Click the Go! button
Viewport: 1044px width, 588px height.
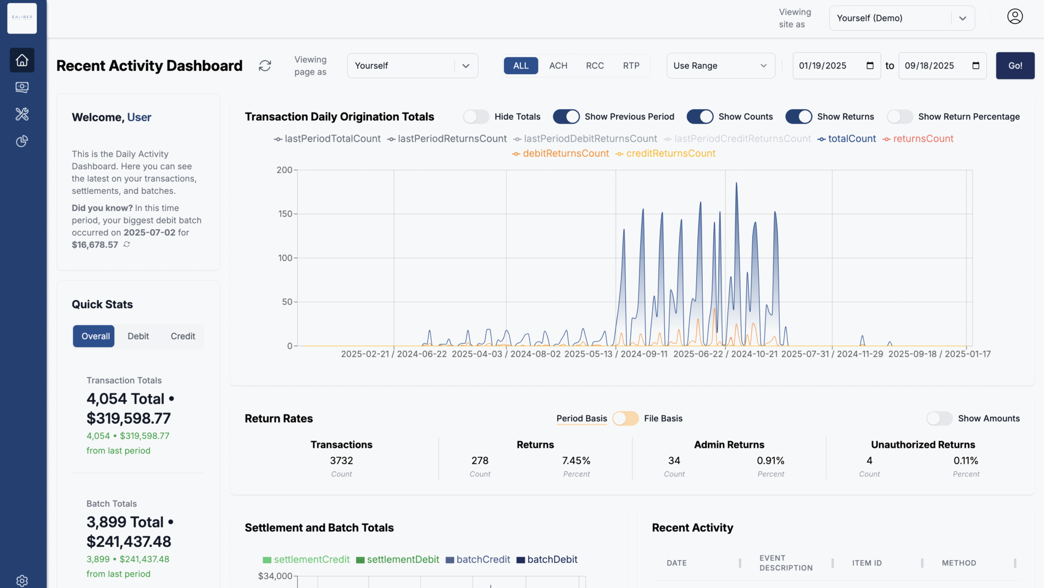(x=1015, y=65)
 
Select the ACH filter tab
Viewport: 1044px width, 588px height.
(x=558, y=65)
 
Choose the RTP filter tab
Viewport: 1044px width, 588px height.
(x=631, y=65)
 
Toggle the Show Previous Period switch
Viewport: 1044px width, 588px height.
(x=566, y=117)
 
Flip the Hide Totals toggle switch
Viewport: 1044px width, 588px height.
(x=476, y=117)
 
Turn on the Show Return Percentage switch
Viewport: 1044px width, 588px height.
(x=899, y=117)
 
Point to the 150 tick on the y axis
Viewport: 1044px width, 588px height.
(x=285, y=214)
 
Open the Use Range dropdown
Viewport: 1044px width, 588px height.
(x=720, y=65)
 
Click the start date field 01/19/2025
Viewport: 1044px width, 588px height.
(x=830, y=65)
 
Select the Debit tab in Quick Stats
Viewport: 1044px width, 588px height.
(x=138, y=336)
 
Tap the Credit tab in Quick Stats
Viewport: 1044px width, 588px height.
(x=182, y=336)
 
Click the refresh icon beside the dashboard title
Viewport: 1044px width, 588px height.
(x=265, y=65)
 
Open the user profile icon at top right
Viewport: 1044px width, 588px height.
(x=1014, y=16)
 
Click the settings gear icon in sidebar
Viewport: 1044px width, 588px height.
(x=22, y=580)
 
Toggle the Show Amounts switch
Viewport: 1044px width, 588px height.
(x=939, y=418)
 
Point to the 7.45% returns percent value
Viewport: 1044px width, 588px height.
(x=576, y=461)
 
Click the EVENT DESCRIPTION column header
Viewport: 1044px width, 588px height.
(x=785, y=563)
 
